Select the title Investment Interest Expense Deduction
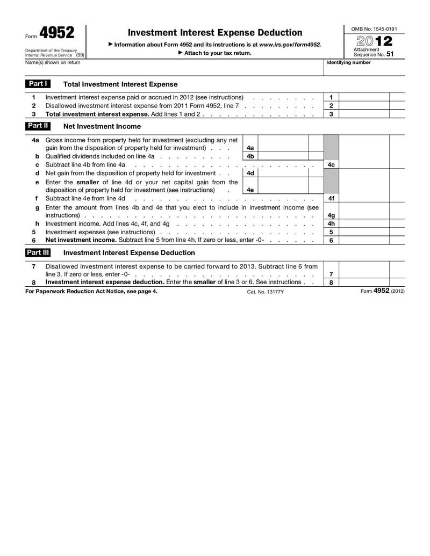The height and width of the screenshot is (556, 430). click(x=215, y=33)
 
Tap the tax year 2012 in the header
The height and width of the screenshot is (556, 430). click(x=373, y=41)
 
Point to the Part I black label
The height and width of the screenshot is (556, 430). click(x=38, y=84)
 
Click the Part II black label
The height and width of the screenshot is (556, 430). click(x=38, y=126)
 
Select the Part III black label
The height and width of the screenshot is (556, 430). click(x=38, y=252)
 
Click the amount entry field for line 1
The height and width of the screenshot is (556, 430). click(x=364, y=97)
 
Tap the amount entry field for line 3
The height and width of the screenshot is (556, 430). click(x=364, y=114)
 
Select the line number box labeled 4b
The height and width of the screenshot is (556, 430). click(x=250, y=156)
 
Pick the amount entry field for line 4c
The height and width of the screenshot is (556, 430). click(x=364, y=165)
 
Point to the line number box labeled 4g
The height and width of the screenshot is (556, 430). click(x=331, y=215)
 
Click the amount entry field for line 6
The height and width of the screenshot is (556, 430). click(x=364, y=240)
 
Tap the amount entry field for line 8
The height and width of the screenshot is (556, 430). click(x=364, y=282)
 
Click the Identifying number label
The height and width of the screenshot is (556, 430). click(x=348, y=63)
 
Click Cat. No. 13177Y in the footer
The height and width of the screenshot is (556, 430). click(x=266, y=291)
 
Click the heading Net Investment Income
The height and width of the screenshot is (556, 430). click(x=102, y=126)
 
